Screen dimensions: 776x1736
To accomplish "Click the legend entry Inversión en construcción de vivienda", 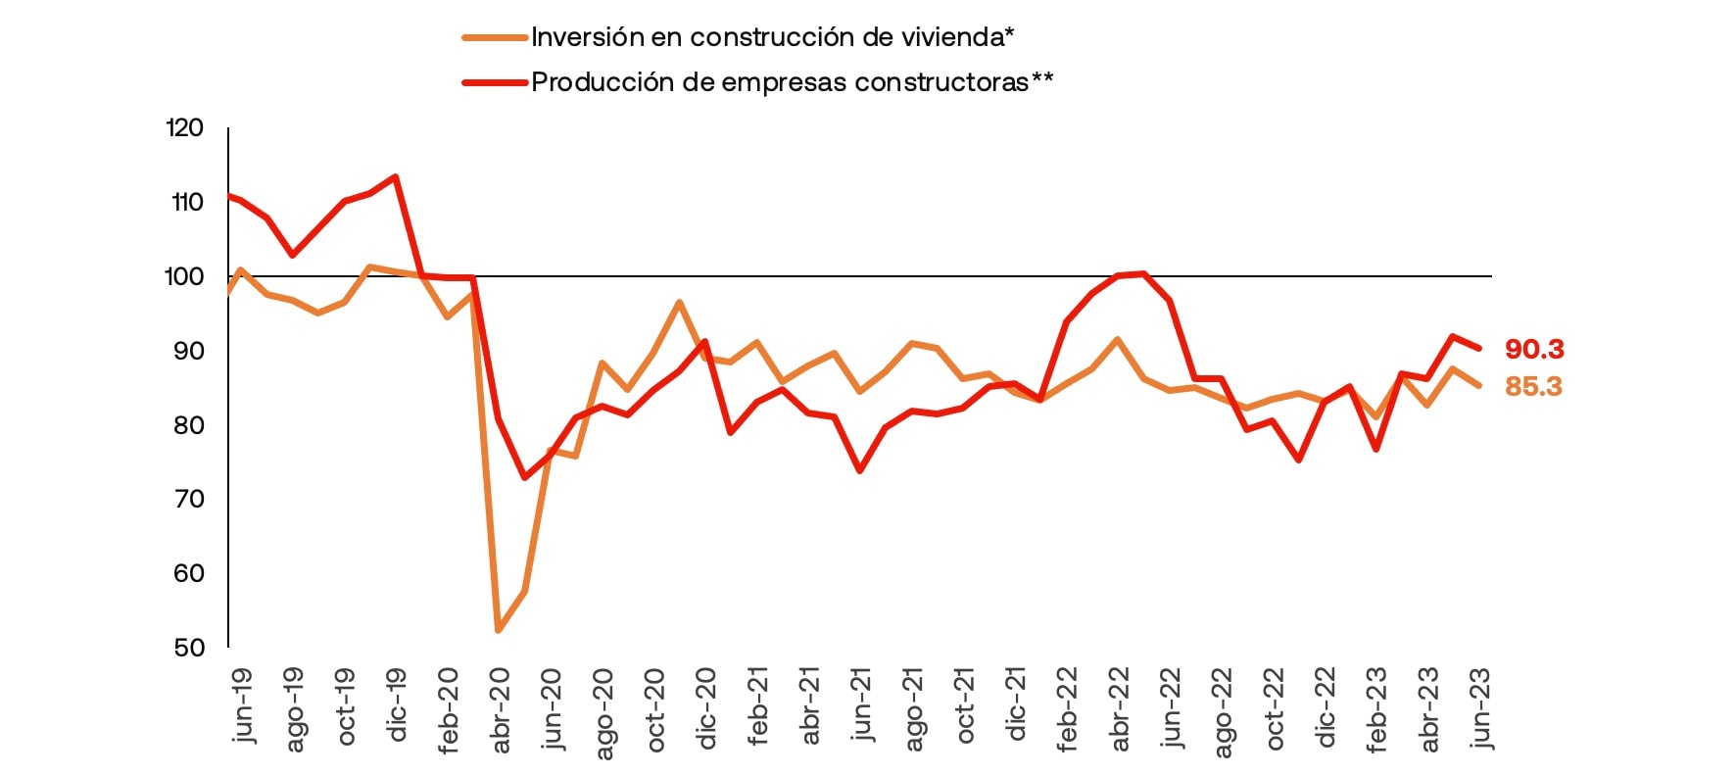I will click(772, 37).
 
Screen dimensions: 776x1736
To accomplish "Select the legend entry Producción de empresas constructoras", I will click(792, 82).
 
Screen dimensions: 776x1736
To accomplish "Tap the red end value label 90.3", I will click(1534, 349).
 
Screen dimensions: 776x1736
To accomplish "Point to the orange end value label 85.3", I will click(1533, 387).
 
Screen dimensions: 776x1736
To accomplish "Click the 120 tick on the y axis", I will click(185, 127).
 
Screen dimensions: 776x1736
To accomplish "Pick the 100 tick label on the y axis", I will click(185, 276).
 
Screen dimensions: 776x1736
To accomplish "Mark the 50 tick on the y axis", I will click(189, 647).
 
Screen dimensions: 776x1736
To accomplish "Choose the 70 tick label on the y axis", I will click(189, 499).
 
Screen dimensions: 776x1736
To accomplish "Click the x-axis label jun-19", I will click(242, 705).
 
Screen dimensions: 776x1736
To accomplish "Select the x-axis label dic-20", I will click(706, 706).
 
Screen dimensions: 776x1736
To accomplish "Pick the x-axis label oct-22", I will click(1274, 708).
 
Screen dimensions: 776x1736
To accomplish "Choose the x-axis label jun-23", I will click(1480, 707).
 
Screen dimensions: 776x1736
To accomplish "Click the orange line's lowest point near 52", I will click(499, 629).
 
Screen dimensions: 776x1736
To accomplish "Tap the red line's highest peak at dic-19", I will click(395, 177).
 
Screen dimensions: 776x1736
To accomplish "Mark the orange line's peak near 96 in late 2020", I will click(679, 303).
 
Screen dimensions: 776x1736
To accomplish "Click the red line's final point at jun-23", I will click(1478, 348).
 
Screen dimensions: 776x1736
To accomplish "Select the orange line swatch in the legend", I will click(495, 37).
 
